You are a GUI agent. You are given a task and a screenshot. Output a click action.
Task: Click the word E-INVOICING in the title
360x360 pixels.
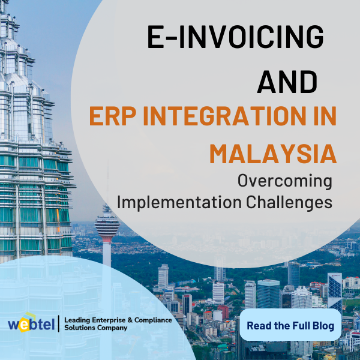coord(235,38)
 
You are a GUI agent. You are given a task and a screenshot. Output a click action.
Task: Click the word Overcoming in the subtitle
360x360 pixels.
coord(284,179)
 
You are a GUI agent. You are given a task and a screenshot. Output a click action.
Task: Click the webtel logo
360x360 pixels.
coord(31,324)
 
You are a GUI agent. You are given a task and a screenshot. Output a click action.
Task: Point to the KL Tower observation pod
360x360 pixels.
coord(107,226)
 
